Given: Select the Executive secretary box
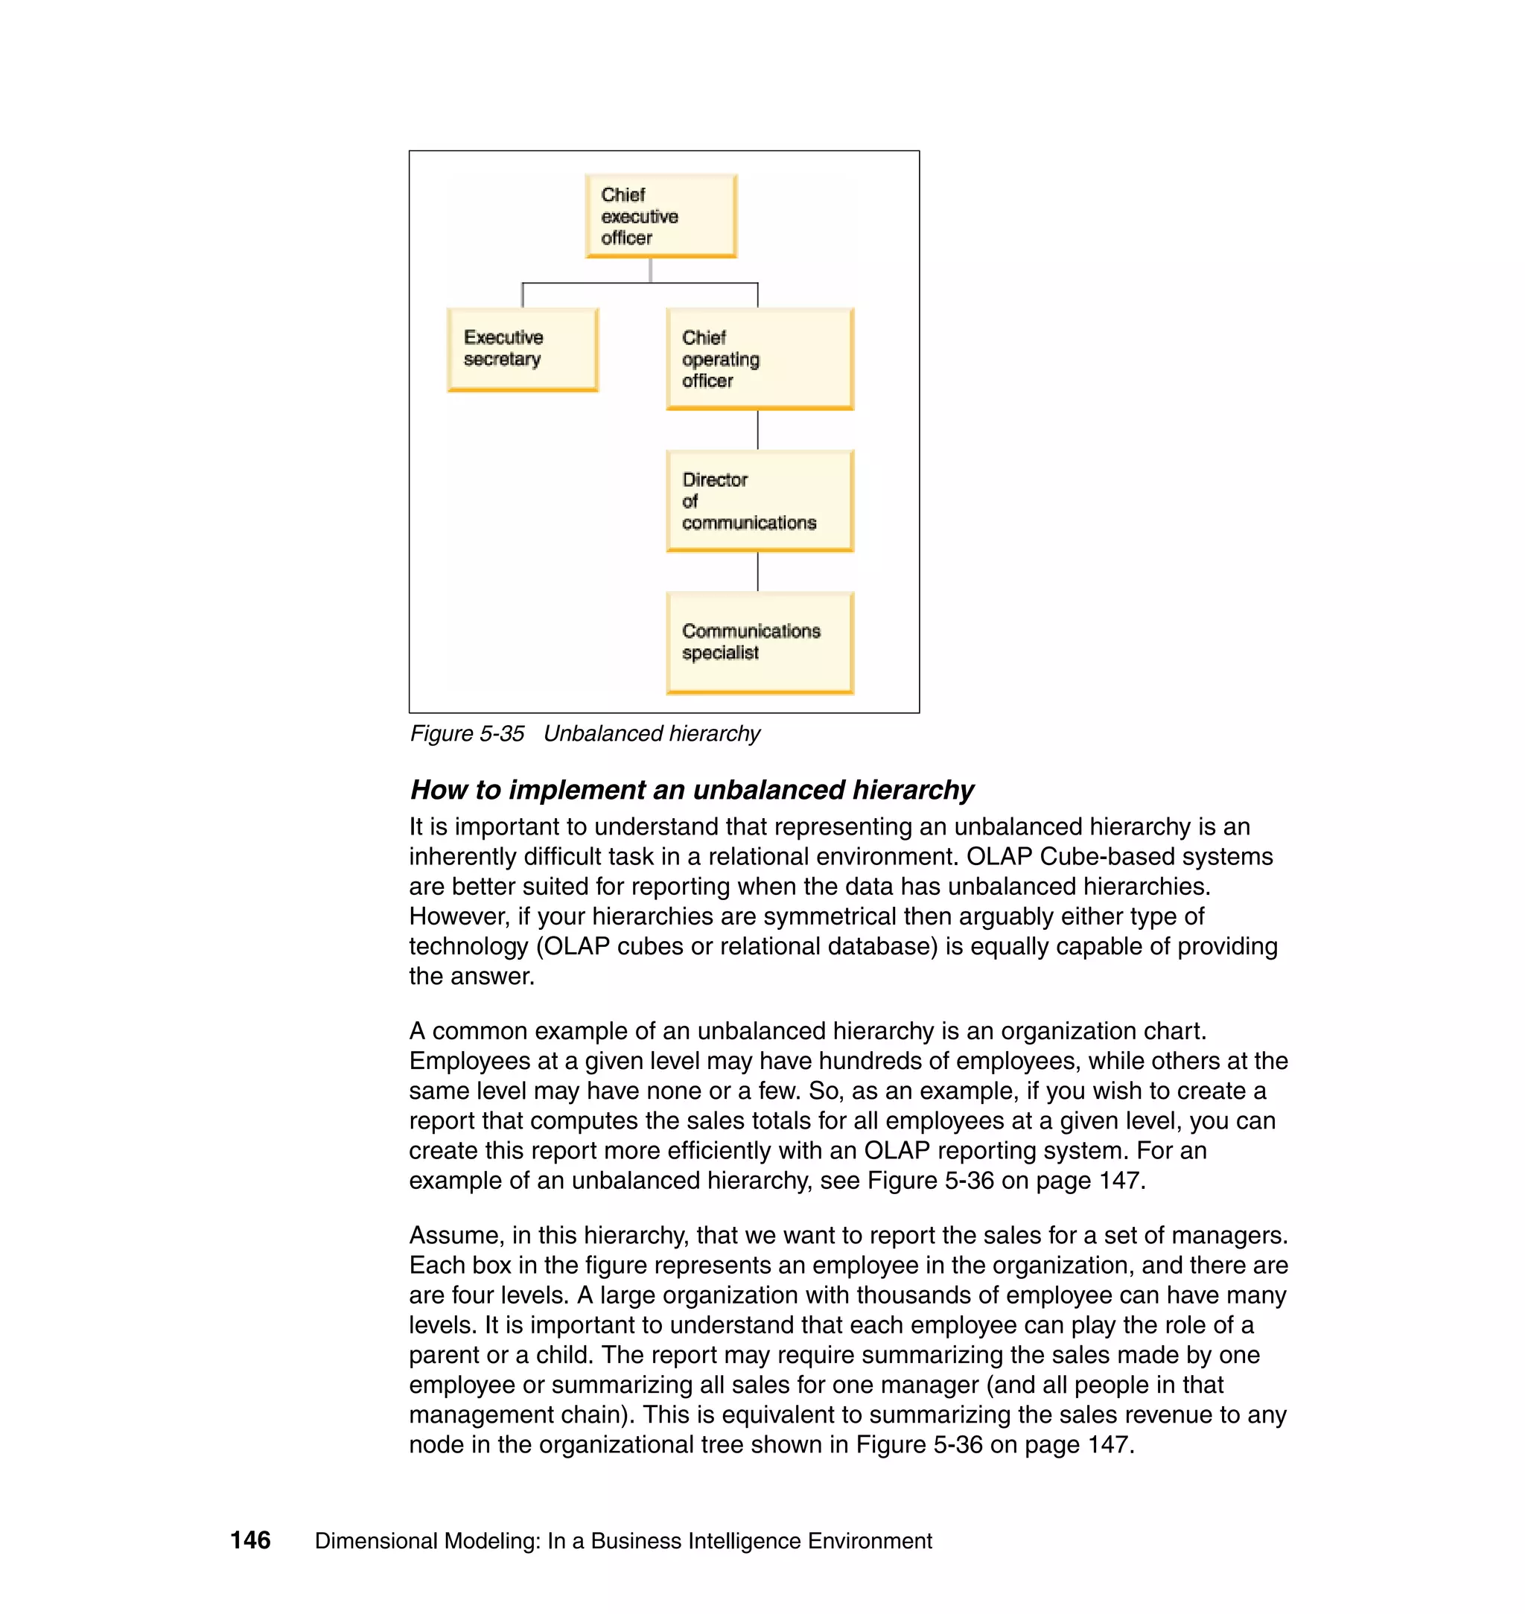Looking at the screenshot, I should click(x=523, y=349).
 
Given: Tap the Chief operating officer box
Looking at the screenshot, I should click(x=760, y=358).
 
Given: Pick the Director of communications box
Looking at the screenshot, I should click(x=760, y=500).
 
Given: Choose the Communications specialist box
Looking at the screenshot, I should click(x=760, y=642).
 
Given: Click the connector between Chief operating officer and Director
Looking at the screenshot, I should click(x=757, y=429).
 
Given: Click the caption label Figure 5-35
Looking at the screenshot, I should click(x=467, y=734).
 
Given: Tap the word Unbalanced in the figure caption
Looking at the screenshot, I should click(x=599, y=734).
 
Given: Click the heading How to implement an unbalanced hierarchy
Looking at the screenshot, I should click(x=691, y=790).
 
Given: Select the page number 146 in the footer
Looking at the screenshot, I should click(x=250, y=1540).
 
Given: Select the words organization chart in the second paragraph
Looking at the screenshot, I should click(x=1102, y=1031).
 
